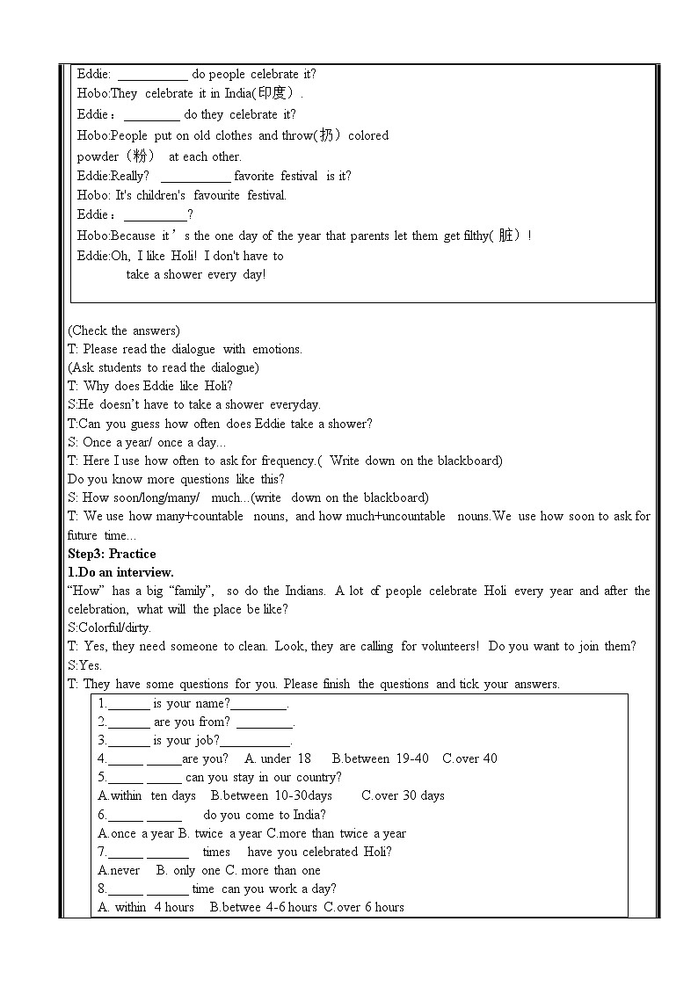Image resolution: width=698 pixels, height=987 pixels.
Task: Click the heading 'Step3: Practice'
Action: pos(112,554)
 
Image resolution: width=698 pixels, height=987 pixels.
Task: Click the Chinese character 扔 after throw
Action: pos(327,135)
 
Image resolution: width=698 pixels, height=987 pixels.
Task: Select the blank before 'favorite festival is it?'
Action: pos(195,177)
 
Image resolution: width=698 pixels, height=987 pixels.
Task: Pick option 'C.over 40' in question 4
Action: pos(469,758)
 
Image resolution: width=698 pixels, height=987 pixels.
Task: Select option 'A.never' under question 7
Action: pos(119,870)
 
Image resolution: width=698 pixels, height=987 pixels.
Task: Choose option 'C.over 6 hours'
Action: pos(364,907)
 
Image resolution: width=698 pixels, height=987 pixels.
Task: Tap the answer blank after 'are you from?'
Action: pos(265,723)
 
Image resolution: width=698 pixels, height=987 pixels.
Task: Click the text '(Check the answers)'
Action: pos(123,330)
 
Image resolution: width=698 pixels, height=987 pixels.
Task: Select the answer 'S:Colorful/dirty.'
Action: pos(109,628)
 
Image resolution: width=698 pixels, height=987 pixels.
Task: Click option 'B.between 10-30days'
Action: pos(272,795)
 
